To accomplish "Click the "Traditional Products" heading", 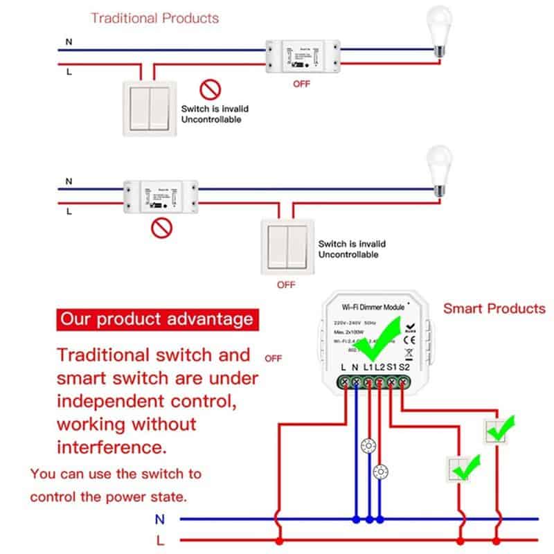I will tap(154, 18).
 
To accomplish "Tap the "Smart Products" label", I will tap(494, 308).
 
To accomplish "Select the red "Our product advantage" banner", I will tap(156, 320).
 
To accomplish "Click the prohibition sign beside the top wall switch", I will tap(210, 89).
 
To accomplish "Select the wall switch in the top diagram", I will tap(150, 108).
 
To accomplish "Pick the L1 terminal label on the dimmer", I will tap(368, 367).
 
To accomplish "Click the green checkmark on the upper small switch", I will tap(499, 429).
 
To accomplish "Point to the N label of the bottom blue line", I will tap(160, 518).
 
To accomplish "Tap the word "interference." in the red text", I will tap(111, 447).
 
